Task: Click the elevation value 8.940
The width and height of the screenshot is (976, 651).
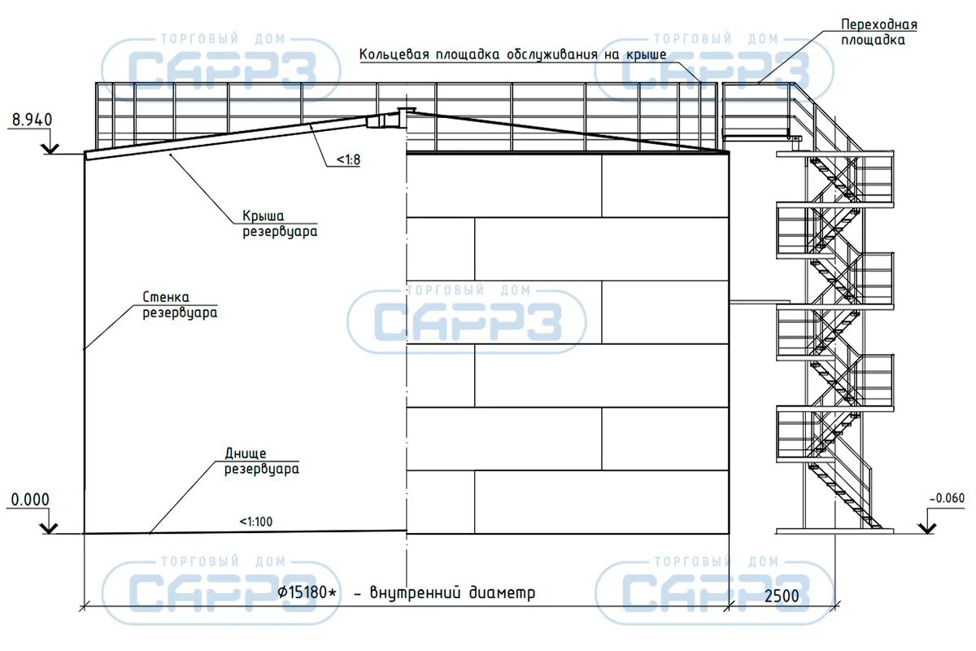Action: coord(31,120)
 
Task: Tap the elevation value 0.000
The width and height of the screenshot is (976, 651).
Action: coord(28,500)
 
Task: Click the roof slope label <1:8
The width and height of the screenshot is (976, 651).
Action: coord(346,160)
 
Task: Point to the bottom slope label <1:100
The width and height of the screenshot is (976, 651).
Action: coord(256,522)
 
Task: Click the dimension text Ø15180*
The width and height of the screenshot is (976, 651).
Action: coord(307,592)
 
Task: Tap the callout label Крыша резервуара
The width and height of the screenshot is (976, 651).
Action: coord(278,224)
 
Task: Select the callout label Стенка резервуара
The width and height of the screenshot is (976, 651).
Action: coord(180,304)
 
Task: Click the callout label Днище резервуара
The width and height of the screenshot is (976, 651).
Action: coord(260,461)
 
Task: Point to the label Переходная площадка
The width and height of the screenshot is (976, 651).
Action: coord(879,32)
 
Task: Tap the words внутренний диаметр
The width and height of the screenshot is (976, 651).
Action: coord(453,592)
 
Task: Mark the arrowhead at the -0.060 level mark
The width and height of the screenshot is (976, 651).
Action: coord(926,528)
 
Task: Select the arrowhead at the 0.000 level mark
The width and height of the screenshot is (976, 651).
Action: coord(50,528)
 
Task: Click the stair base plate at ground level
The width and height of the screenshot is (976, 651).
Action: coord(834,531)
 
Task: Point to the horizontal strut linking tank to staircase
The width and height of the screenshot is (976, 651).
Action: coord(753,302)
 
